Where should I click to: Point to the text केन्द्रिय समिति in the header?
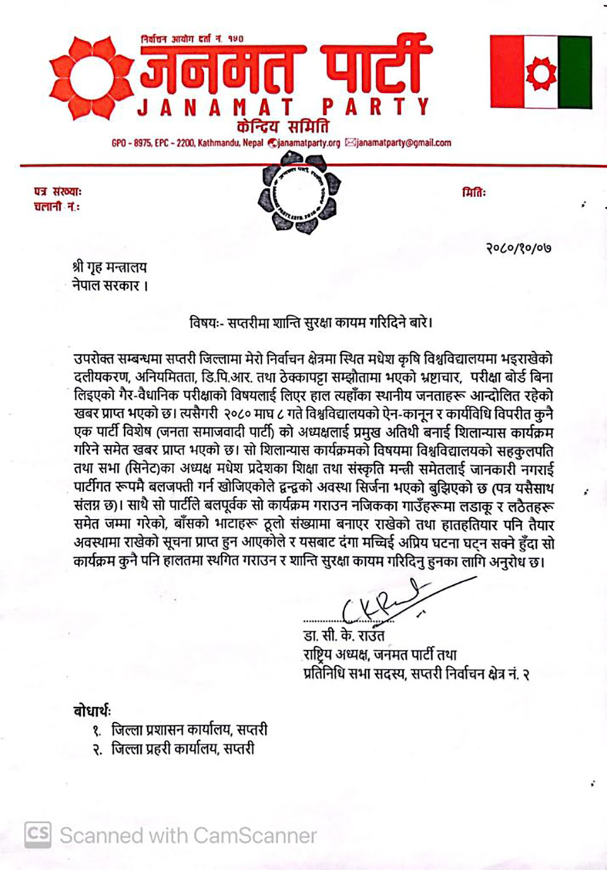click(x=279, y=125)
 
